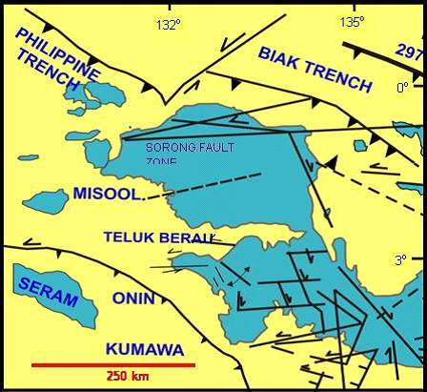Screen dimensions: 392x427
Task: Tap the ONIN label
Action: click(133, 298)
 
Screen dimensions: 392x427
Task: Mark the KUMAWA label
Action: click(144, 349)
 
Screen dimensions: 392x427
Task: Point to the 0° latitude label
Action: click(402, 88)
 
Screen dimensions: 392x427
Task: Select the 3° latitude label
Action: click(401, 258)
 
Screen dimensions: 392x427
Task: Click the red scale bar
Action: click(112, 364)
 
